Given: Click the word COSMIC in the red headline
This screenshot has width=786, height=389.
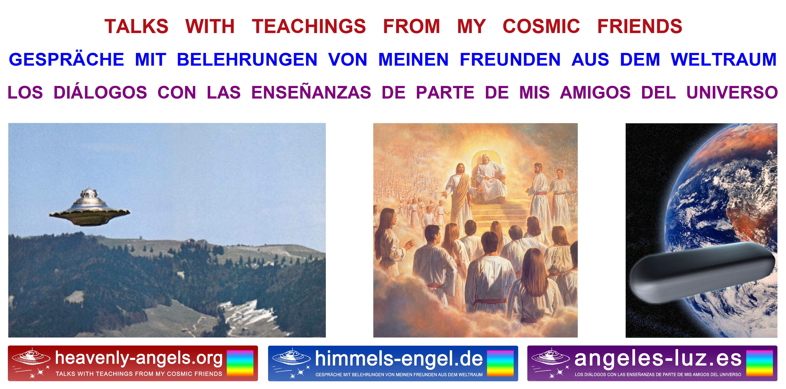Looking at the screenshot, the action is pos(541,26).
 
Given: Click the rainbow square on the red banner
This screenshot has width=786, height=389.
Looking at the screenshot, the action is pos(240,363).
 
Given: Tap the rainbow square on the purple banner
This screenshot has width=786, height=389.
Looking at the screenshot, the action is pos(759,363).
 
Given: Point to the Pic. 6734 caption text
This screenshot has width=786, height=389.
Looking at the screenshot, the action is pos(23,331).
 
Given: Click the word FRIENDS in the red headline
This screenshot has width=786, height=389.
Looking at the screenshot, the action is pos(640,26).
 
